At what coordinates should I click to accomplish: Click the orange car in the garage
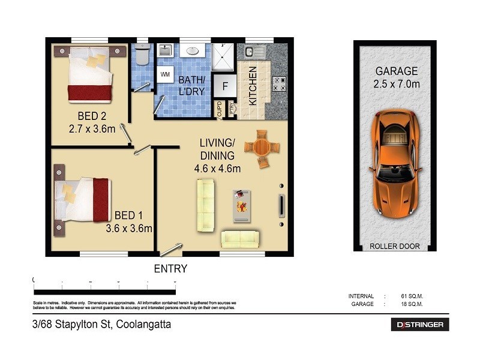pos(395,163)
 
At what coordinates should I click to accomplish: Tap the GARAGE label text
pos(395,71)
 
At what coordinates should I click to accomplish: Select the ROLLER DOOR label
pos(395,247)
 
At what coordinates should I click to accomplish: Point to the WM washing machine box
pos(165,75)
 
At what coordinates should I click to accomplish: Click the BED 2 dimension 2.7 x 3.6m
pos(92,128)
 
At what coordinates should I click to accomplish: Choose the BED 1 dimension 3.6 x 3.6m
pos(128,228)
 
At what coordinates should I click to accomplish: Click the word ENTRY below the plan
pos(170,269)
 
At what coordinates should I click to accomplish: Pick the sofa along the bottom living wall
pos(240,239)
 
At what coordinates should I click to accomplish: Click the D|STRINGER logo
pos(420,325)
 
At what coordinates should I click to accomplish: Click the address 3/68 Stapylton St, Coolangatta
pos(102,325)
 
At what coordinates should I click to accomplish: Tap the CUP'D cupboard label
pos(220,109)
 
